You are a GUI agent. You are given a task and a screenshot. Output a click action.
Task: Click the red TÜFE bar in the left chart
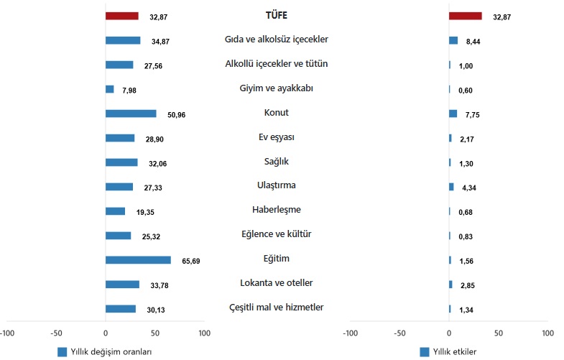click(121, 16)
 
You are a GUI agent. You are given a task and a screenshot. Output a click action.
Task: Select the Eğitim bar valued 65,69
click(137, 260)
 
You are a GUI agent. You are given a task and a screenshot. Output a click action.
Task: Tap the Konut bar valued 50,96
click(130, 114)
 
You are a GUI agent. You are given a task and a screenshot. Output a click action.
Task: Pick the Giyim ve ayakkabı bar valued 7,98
click(109, 89)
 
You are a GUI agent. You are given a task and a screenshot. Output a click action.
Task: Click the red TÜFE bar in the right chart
click(465, 16)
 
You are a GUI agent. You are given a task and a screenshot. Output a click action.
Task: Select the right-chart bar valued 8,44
click(453, 40)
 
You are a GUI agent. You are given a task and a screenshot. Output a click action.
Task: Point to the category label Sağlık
click(277, 161)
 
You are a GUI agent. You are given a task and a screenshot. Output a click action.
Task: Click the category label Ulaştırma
click(277, 185)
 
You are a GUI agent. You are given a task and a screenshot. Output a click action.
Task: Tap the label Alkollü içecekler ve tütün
click(277, 64)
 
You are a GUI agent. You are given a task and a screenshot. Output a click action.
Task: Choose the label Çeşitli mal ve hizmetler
click(277, 308)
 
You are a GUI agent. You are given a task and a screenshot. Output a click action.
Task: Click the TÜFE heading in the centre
click(277, 15)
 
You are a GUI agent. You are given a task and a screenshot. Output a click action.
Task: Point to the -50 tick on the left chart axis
click(56, 333)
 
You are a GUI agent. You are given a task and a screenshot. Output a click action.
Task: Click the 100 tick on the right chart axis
click(547, 333)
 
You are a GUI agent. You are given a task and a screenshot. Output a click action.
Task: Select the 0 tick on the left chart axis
click(106, 333)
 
